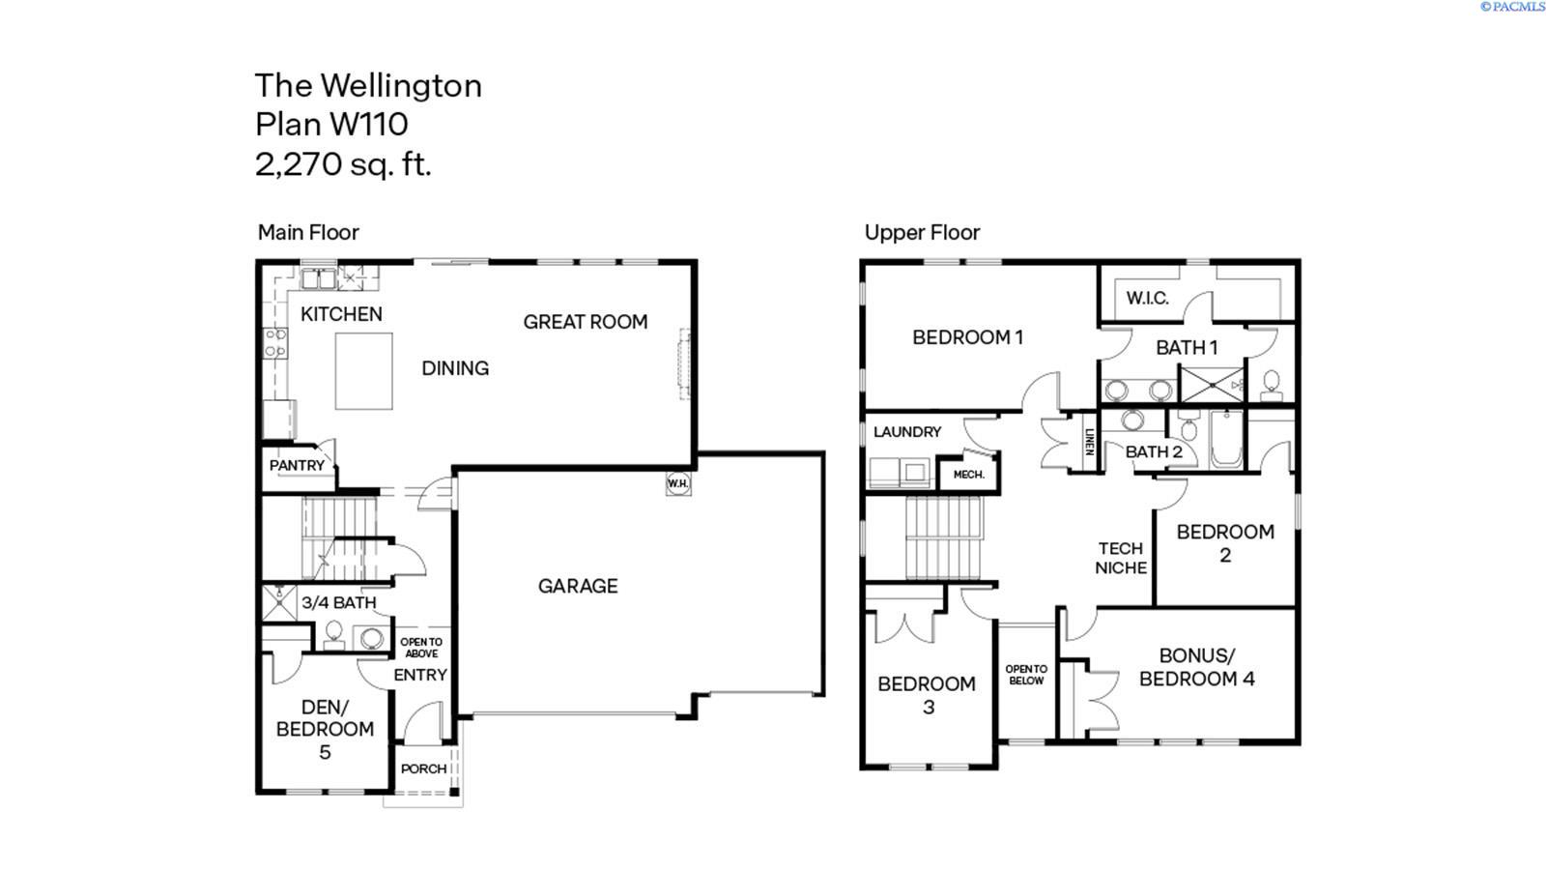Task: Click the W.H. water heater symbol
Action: pyautogui.click(x=677, y=483)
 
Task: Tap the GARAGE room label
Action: pyautogui.click(x=578, y=586)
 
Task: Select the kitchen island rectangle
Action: pyautogui.click(x=363, y=371)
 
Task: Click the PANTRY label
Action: pyautogui.click(x=297, y=465)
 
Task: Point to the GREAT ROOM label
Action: pyautogui.click(x=586, y=322)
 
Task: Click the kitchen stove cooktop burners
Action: pyautogui.click(x=275, y=343)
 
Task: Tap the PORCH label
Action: pyautogui.click(x=424, y=768)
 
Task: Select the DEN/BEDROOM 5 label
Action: pyautogui.click(x=325, y=729)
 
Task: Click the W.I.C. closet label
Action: pyautogui.click(x=1147, y=299)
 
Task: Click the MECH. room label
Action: pyautogui.click(x=969, y=475)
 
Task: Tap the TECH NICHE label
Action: pyautogui.click(x=1121, y=558)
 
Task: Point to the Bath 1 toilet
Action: pyautogui.click(x=1271, y=386)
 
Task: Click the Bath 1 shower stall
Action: pyautogui.click(x=1212, y=385)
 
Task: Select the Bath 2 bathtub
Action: pyautogui.click(x=1226, y=439)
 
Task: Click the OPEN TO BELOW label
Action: pyautogui.click(x=1026, y=675)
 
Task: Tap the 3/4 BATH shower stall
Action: pyautogui.click(x=279, y=603)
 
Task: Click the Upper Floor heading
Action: pyautogui.click(x=922, y=233)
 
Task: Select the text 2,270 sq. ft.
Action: pyautogui.click(x=343, y=165)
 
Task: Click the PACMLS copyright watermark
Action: pyautogui.click(x=1512, y=7)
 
